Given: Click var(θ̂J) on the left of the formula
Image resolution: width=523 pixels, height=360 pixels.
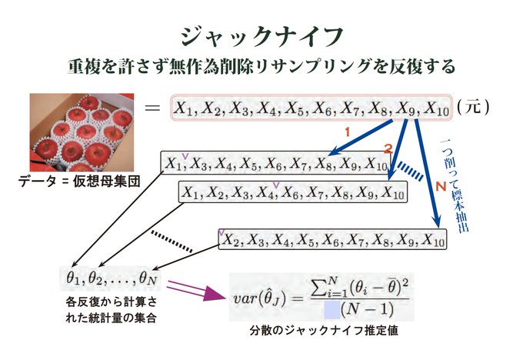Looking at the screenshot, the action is pyautogui.click(x=266, y=297).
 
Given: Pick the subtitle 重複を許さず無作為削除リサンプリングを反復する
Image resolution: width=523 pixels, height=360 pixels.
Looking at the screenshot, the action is pyautogui.click(x=261, y=66).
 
